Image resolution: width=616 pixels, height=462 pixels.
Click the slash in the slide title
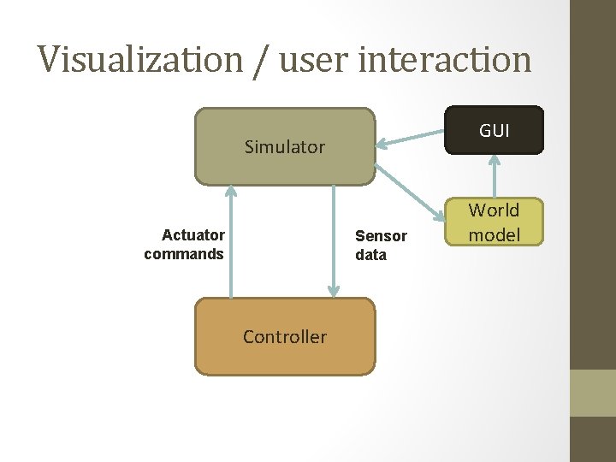(x=260, y=60)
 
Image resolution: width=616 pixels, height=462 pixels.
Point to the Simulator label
(x=285, y=147)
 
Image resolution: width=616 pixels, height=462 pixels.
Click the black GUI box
(x=494, y=130)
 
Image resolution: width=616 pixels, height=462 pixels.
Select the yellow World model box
(x=494, y=222)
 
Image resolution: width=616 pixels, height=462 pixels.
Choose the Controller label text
(x=285, y=337)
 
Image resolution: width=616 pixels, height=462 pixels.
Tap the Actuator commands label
(x=184, y=245)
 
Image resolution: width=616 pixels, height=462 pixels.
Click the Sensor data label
(x=381, y=246)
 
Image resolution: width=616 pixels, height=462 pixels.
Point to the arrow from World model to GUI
(x=494, y=176)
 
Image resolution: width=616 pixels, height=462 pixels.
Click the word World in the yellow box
(x=494, y=210)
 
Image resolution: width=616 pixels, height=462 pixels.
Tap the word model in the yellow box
(x=495, y=234)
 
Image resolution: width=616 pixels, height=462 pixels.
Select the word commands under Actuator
(x=184, y=254)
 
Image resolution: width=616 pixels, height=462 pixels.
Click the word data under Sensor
(x=371, y=255)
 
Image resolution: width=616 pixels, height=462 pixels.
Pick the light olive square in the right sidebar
(x=593, y=393)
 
